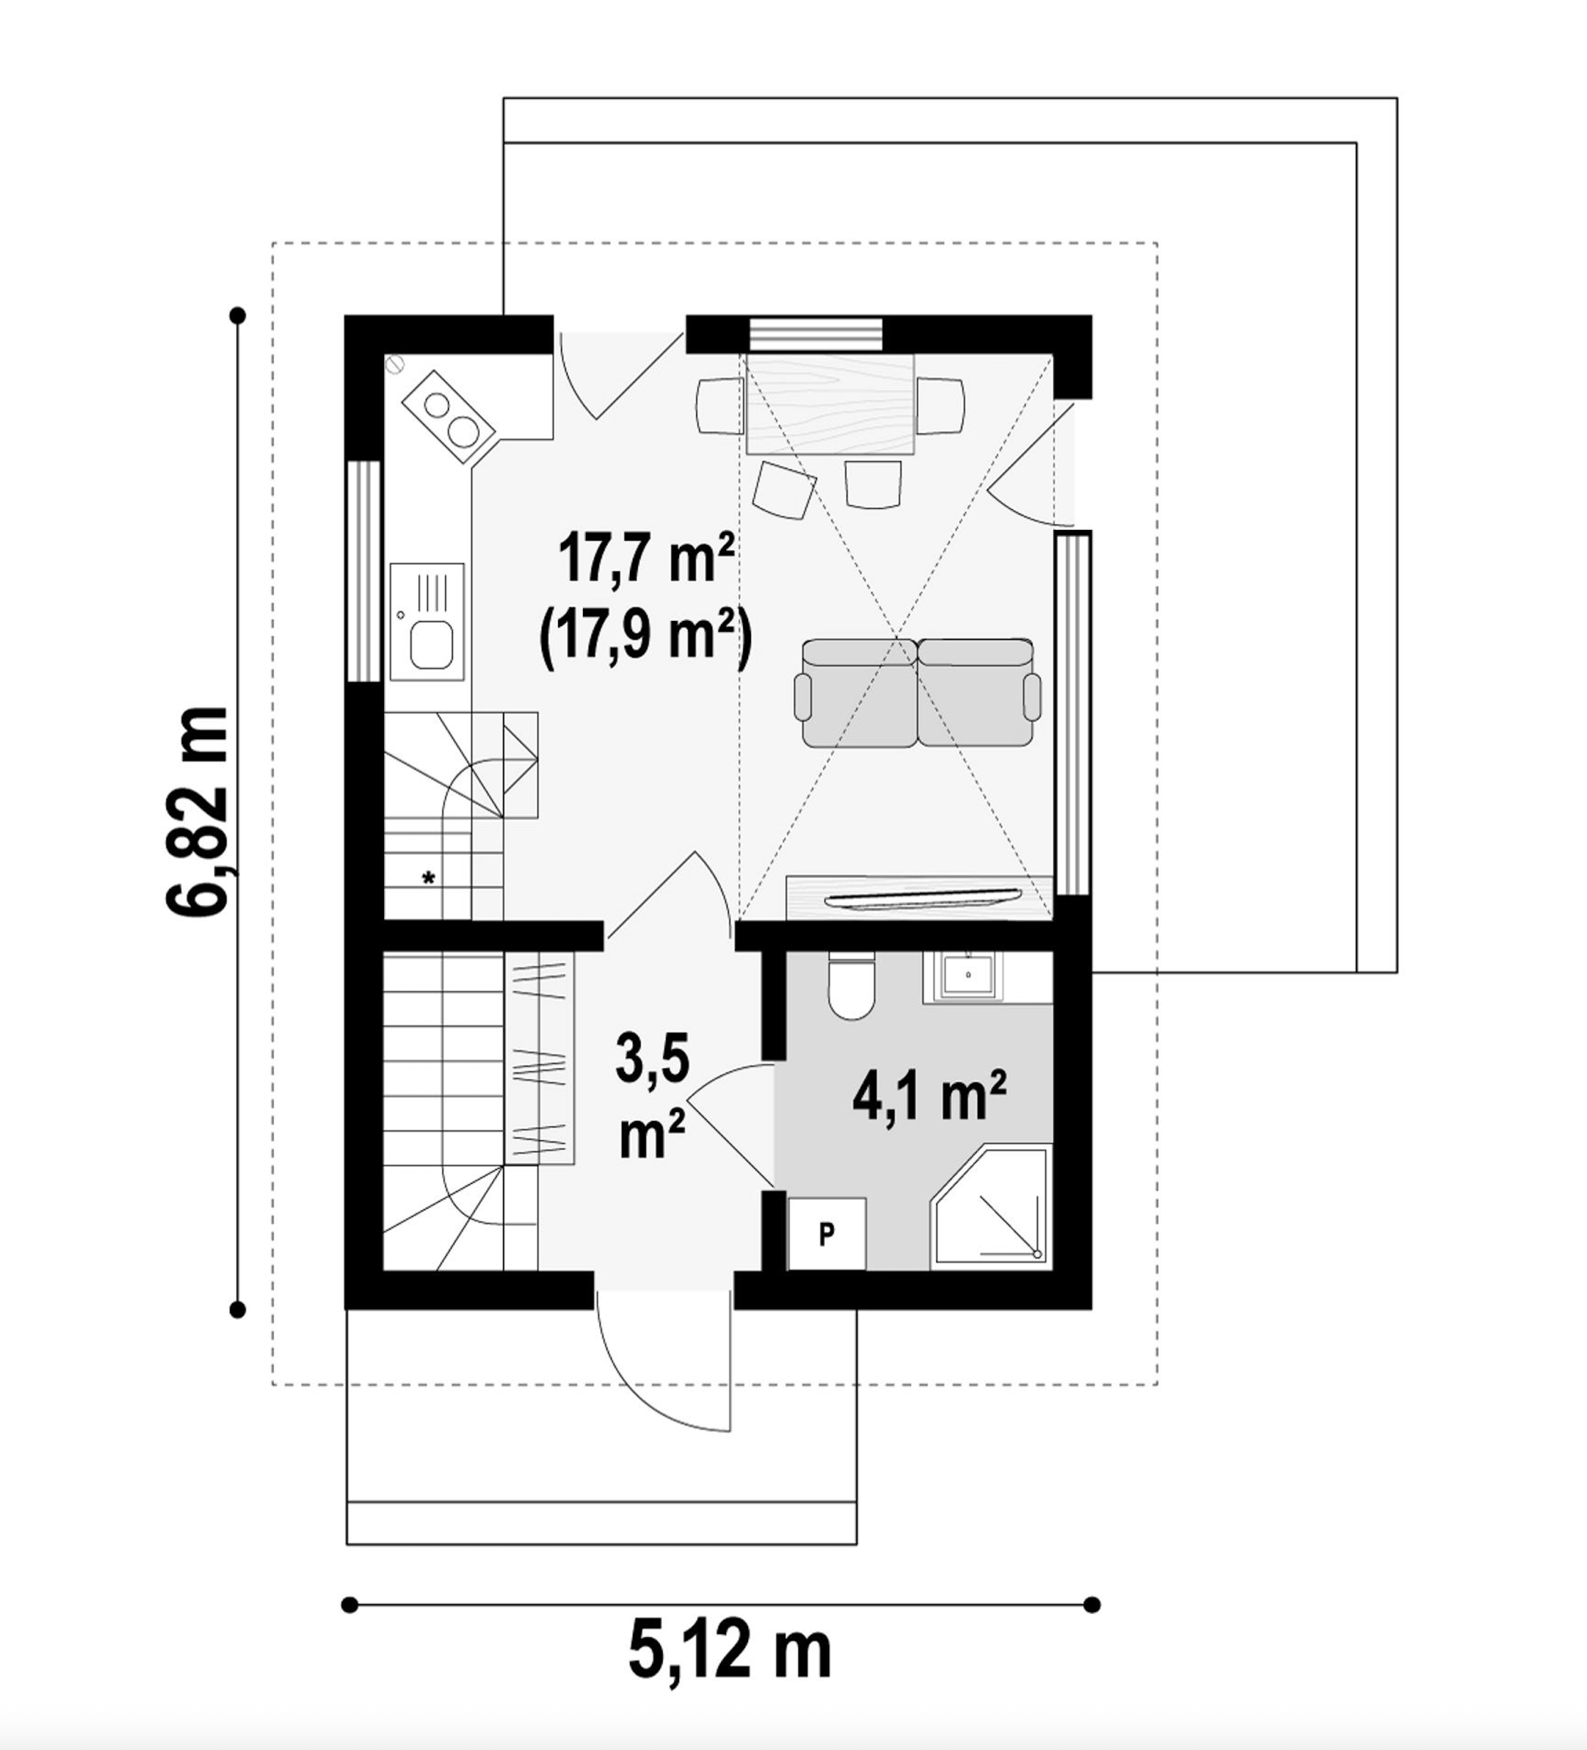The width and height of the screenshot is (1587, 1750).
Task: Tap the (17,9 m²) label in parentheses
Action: (646, 640)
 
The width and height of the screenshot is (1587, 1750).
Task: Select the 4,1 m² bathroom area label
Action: (929, 1096)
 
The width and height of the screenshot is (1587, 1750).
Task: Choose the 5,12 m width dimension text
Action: (730, 1654)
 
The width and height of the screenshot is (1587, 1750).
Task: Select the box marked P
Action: (826, 1234)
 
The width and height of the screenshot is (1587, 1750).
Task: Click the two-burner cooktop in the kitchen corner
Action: (449, 418)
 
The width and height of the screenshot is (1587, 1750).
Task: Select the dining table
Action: (832, 405)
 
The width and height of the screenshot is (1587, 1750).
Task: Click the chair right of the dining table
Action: (941, 405)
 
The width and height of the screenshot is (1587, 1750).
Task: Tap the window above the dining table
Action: (816, 334)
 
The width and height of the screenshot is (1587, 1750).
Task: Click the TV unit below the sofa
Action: (919, 897)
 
